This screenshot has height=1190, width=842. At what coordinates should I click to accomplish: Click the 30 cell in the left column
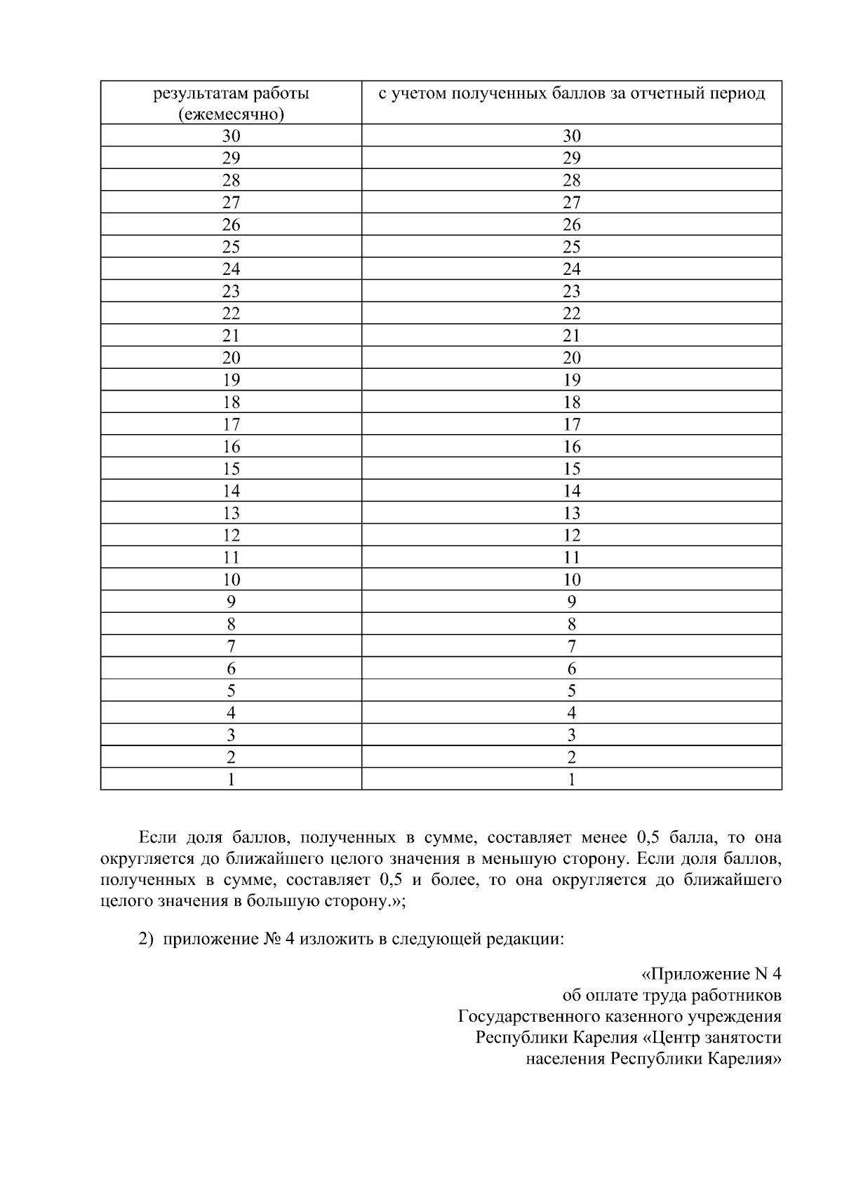[x=231, y=136]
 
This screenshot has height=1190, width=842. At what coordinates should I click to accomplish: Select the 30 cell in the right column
[x=571, y=136]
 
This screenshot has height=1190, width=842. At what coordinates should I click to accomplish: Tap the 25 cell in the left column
[x=231, y=247]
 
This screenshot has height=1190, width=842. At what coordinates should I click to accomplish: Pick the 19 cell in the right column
[x=571, y=380]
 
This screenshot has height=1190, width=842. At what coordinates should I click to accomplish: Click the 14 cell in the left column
[x=231, y=491]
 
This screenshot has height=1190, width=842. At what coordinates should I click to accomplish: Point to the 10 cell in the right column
[x=571, y=580]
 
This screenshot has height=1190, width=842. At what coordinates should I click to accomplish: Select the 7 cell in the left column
[x=231, y=647]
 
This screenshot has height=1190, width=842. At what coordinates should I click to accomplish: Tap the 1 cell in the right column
[x=571, y=780]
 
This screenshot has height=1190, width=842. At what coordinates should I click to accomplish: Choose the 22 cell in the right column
[x=571, y=313]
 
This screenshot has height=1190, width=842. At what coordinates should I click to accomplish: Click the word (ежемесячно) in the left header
[x=231, y=114]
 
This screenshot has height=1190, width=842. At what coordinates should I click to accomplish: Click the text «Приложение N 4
[x=711, y=974]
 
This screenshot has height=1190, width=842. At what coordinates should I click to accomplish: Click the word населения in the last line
[x=566, y=1058]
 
